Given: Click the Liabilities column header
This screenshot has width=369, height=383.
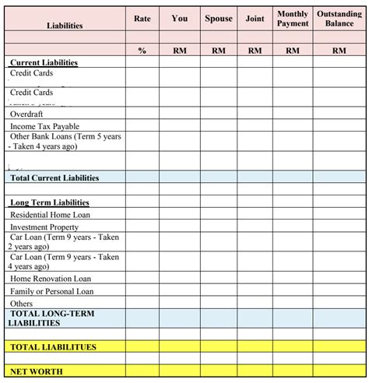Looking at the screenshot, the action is (64, 26).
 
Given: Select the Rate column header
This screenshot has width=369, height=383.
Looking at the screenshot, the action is (142, 19).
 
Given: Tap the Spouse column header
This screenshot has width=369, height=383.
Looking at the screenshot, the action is (218, 19).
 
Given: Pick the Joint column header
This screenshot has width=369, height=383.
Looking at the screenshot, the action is (255, 19).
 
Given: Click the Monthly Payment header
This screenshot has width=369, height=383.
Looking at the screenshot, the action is (293, 19).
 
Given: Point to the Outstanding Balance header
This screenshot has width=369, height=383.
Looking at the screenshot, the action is (339, 19).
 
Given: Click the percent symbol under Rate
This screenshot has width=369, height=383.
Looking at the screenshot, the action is (142, 50).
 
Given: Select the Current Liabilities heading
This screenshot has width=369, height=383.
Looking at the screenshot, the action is (44, 62).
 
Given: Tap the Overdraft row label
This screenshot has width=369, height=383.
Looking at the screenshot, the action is (27, 114).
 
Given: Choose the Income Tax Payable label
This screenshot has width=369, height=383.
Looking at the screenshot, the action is (44, 126).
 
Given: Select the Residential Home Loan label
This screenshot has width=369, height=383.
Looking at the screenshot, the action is (50, 215).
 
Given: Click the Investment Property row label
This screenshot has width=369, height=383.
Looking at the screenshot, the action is (44, 227).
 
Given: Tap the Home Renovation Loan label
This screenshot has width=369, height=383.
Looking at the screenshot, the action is (51, 279).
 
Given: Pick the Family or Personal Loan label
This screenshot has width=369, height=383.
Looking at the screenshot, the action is (51, 291).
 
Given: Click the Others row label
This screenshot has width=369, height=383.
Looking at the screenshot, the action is (22, 304).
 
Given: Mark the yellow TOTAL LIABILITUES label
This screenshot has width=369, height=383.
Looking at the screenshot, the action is (53, 347).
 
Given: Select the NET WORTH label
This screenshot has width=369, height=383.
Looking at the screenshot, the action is (37, 371).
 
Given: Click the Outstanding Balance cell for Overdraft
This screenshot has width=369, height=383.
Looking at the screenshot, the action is (339, 114).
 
